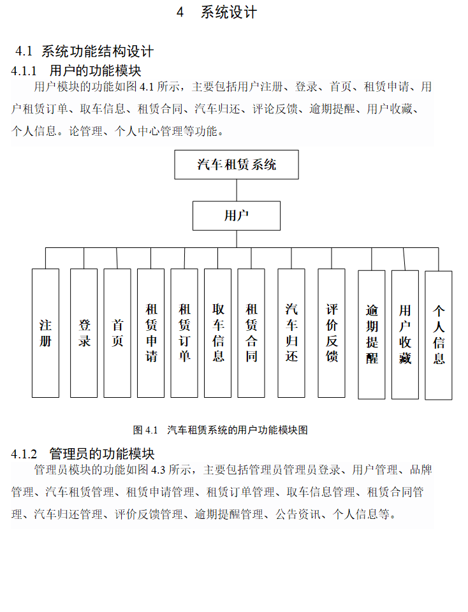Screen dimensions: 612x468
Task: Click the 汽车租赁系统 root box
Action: pyautogui.click(x=237, y=165)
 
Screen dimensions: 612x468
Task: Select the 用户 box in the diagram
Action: pyautogui.click(x=237, y=215)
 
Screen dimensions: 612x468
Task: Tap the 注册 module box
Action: pyautogui.click(x=45, y=333)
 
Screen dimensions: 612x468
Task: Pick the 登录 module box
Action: pyautogui.click(x=84, y=333)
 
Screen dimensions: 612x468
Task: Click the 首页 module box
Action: pyautogui.click(x=117, y=333)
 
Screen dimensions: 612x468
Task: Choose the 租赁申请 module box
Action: pyautogui.click(x=151, y=333)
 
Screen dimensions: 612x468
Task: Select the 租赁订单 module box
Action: pyautogui.click(x=184, y=333)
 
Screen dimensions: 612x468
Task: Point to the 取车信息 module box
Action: pyautogui.click(x=218, y=333)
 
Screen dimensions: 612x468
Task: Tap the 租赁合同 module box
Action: pyautogui.click(x=251, y=333)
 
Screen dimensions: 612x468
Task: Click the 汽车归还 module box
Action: pyautogui.click(x=291, y=333)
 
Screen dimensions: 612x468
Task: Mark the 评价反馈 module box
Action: pyautogui.click(x=332, y=333)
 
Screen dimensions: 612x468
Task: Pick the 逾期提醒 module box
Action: pyautogui.click(x=372, y=334)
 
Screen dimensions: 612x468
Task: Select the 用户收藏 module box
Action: pyautogui.click(x=405, y=334)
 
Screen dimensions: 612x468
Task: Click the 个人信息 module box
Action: pyautogui.click(x=439, y=335)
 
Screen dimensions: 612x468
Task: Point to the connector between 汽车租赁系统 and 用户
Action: pyautogui.click(x=237, y=191)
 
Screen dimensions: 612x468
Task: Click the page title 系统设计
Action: pyautogui.click(x=228, y=13)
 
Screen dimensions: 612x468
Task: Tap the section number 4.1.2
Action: pyautogui.click(x=25, y=454)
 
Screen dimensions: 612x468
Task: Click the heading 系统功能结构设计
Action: pyautogui.click(x=97, y=52)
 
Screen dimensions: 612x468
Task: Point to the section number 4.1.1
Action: pyautogui.click(x=25, y=70)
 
